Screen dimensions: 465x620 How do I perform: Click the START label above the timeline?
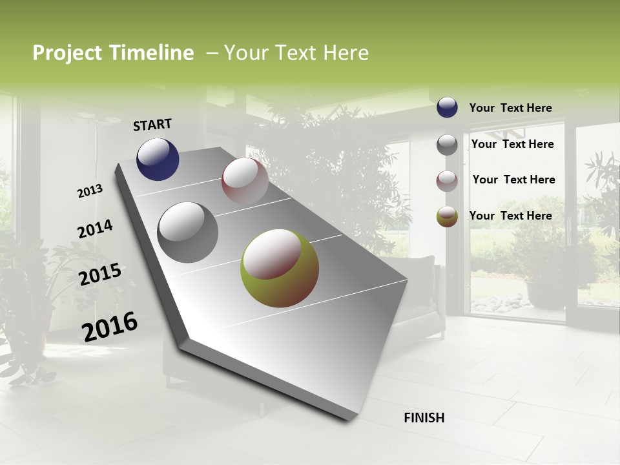click(152, 125)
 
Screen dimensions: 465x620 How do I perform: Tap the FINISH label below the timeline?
click(424, 418)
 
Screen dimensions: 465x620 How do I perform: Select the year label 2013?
click(90, 191)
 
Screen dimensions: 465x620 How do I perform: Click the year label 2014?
click(96, 229)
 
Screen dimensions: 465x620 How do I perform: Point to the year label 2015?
click(100, 274)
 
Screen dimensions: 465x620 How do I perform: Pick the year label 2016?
click(110, 326)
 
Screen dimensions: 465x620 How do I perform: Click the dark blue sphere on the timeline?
click(158, 160)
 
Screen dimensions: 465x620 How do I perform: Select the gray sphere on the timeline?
click(187, 232)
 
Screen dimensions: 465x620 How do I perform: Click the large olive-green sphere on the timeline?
click(280, 268)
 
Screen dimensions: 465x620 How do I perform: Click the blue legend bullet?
click(447, 107)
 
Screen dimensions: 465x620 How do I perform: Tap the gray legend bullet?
click(447, 144)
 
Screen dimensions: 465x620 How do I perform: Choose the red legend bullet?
click(447, 180)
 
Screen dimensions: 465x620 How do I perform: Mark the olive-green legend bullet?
click(447, 216)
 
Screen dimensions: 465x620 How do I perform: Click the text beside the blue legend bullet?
click(510, 108)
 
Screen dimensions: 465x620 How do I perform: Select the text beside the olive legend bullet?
click(510, 216)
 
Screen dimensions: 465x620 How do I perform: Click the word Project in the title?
click(66, 53)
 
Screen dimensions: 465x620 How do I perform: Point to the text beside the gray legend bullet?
click(512, 144)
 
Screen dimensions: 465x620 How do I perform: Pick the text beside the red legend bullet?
click(513, 180)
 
